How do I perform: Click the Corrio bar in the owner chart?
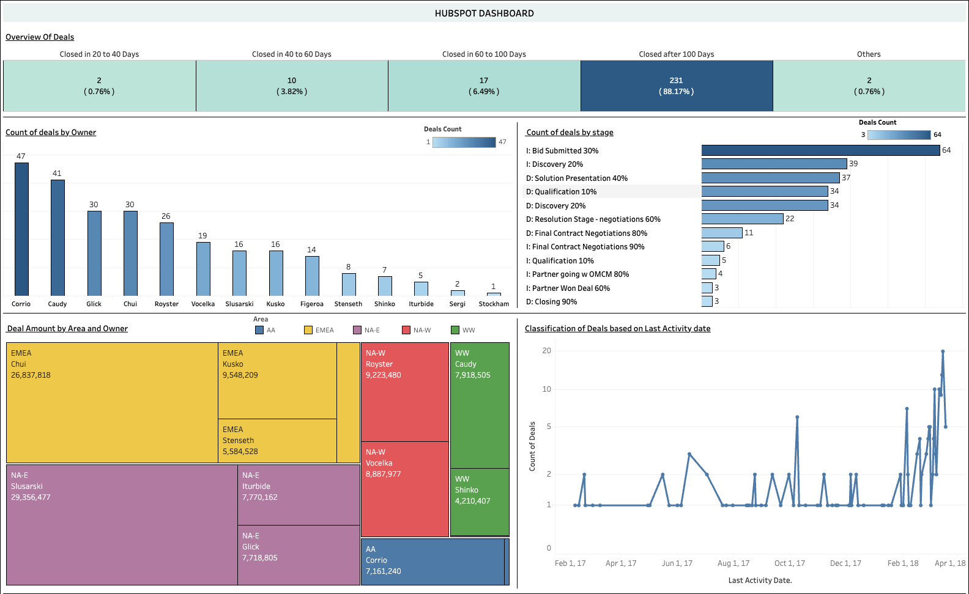[x=21, y=229]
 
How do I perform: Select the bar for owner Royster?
[x=166, y=259]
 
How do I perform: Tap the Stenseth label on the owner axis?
[x=348, y=304]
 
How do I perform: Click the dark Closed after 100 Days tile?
[x=677, y=86]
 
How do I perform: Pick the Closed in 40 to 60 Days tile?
[x=292, y=86]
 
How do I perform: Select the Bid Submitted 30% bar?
[x=820, y=150]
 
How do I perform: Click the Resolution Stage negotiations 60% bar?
[x=742, y=219]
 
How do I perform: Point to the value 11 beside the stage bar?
[x=749, y=233]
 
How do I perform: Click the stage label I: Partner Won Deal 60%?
[x=568, y=288]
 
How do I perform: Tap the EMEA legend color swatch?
[x=308, y=330]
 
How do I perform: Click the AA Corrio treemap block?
[x=432, y=561]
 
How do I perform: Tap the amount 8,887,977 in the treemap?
[x=384, y=474]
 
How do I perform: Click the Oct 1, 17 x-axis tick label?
[x=789, y=563]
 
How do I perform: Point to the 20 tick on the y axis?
[x=546, y=351]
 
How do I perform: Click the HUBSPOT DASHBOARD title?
[x=484, y=13]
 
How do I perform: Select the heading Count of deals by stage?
[x=570, y=133]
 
